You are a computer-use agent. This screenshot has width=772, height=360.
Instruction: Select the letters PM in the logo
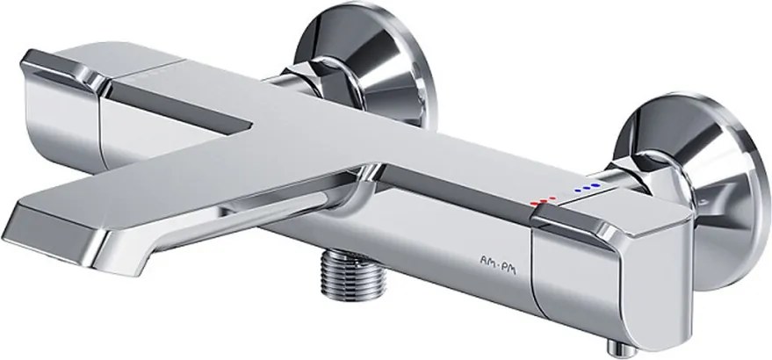[509, 269]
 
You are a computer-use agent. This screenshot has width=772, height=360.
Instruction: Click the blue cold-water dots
[588, 187]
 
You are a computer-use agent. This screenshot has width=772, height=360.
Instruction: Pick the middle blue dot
[588, 187]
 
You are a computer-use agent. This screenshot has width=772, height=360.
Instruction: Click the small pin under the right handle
[622, 349]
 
